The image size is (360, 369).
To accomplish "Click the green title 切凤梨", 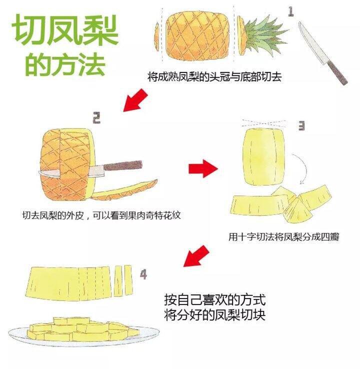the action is [x=65, y=30].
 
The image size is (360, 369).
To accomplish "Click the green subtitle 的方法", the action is [x=65, y=64].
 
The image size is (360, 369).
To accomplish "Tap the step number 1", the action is [x=291, y=12].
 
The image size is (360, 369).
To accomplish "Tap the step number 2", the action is [x=96, y=117].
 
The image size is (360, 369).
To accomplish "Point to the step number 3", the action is [x=301, y=125].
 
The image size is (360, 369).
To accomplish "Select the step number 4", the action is [x=143, y=274].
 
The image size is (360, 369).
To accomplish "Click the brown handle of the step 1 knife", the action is [x=337, y=72].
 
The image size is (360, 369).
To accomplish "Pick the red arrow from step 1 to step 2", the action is [x=135, y=100].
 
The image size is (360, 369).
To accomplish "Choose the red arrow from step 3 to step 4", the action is [x=196, y=256].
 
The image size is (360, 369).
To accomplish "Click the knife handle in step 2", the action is [x=123, y=165].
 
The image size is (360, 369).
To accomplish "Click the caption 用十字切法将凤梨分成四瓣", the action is [x=284, y=236].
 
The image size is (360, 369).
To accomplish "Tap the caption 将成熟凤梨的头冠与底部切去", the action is [x=214, y=77].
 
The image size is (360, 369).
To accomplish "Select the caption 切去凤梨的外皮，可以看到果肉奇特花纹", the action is [x=101, y=215].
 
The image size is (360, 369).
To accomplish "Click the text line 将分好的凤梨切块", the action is [x=215, y=314].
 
